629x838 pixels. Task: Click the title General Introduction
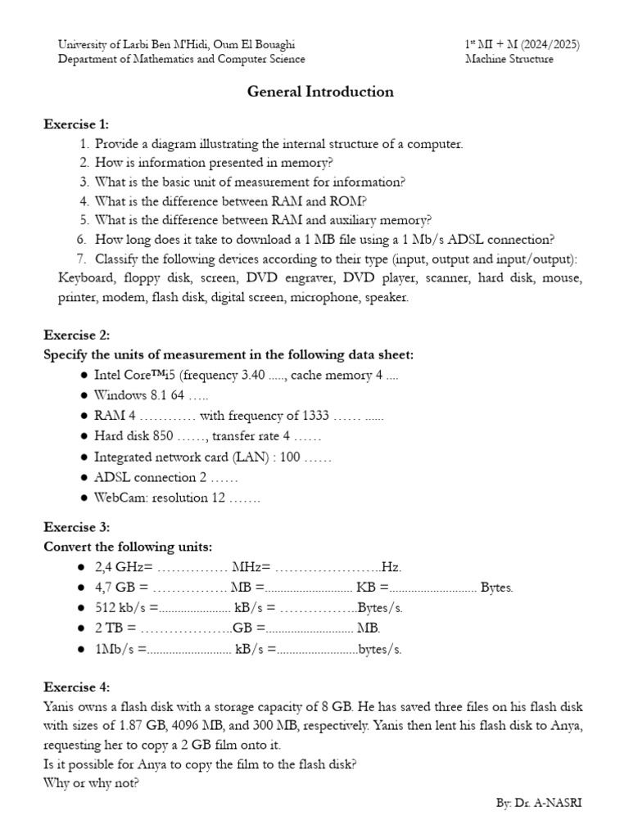tap(320, 92)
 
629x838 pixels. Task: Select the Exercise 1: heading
tap(75, 124)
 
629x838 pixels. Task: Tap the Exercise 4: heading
tap(75, 687)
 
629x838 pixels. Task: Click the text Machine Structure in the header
tap(509, 59)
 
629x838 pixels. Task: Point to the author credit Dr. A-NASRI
tap(550, 804)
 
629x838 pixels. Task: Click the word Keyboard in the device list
tap(84, 279)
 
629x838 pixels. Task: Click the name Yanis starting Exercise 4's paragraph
tap(59, 706)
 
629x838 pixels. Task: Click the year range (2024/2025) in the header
tap(539, 43)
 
